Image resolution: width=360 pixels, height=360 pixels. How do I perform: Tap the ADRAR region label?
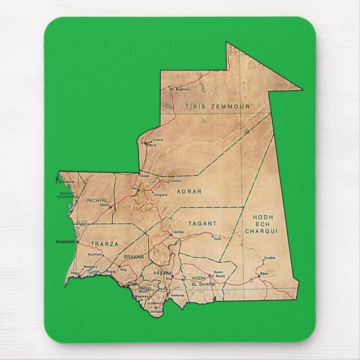[x=188, y=191]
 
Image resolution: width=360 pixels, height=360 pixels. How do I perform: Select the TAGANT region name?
[x=202, y=223]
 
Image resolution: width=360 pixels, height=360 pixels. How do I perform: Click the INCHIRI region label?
[x=97, y=200]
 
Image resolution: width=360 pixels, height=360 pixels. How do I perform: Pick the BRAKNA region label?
[x=134, y=257]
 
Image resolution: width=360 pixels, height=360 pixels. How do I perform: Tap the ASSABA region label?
[x=163, y=273]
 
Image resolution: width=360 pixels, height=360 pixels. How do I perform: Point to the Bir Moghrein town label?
[x=179, y=89]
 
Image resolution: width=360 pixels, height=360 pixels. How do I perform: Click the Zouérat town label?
[x=158, y=139]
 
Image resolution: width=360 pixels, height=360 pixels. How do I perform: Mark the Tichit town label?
[x=217, y=239]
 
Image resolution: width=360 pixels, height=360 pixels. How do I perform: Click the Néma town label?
[x=264, y=273]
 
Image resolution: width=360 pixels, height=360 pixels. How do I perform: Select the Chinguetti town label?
[x=160, y=195]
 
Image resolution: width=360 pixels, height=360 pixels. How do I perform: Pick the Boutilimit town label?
[x=96, y=254]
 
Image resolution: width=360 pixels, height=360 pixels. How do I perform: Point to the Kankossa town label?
[x=177, y=294]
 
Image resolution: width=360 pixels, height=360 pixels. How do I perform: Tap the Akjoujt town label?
[x=105, y=205]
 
